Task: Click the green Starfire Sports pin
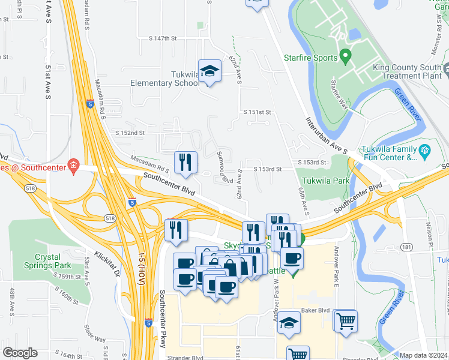(x=345, y=57)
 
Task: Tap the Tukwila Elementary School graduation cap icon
(x=210, y=72)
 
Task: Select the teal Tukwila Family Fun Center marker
(x=425, y=150)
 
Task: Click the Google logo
(x=20, y=352)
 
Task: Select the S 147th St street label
(x=163, y=38)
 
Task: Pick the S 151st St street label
(x=258, y=112)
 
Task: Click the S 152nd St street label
(x=130, y=133)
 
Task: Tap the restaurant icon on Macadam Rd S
(x=185, y=163)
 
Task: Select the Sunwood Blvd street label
(x=224, y=167)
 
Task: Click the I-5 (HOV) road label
(x=142, y=273)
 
